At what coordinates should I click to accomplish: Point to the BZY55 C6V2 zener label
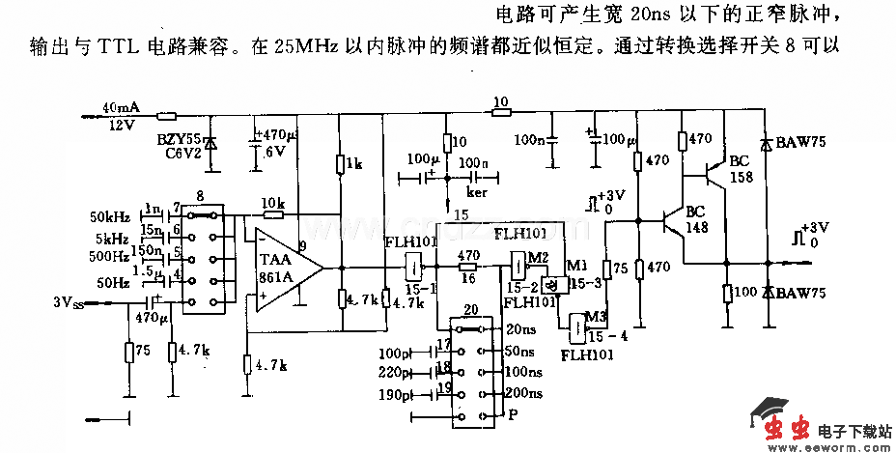point(182,145)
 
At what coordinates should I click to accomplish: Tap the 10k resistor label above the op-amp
point(273,204)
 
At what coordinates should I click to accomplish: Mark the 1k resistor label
point(354,165)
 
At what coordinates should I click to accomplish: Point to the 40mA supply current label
point(120,107)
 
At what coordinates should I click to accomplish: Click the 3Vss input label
point(73,301)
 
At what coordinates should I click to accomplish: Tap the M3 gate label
point(600,317)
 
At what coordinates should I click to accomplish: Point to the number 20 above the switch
point(470,309)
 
